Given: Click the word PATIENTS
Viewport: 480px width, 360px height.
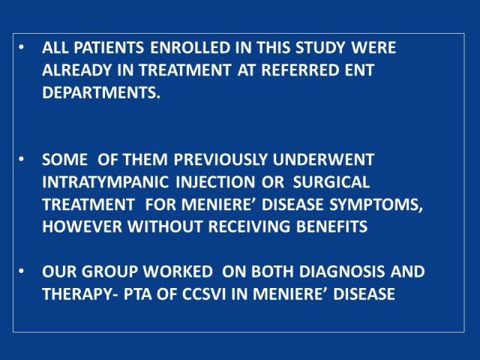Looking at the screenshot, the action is tap(109, 48).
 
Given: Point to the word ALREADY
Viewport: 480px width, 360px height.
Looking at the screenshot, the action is tap(76, 70).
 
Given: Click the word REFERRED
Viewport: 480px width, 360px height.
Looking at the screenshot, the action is tap(300, 70).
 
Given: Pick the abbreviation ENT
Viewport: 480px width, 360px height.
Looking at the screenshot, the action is tap(359, 70).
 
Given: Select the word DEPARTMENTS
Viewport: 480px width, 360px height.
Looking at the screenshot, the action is tap(101, 92).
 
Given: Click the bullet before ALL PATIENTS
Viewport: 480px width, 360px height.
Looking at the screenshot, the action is tap(21, 48).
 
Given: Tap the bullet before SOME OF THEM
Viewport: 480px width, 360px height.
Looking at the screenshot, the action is tap(21, 160).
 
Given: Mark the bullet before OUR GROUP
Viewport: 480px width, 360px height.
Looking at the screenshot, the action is tap(21, 271).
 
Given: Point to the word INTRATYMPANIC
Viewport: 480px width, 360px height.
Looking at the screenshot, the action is tap(105, 181).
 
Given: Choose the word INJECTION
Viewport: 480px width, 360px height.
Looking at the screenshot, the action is tap(215, 181).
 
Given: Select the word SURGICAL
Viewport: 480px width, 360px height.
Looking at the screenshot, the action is tap(331, 181).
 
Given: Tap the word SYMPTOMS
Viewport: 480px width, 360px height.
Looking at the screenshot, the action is tap(376, 204).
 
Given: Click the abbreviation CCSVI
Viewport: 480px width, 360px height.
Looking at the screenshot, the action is tap(204, 294).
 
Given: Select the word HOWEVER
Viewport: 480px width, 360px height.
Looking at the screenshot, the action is tap(82, 226).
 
